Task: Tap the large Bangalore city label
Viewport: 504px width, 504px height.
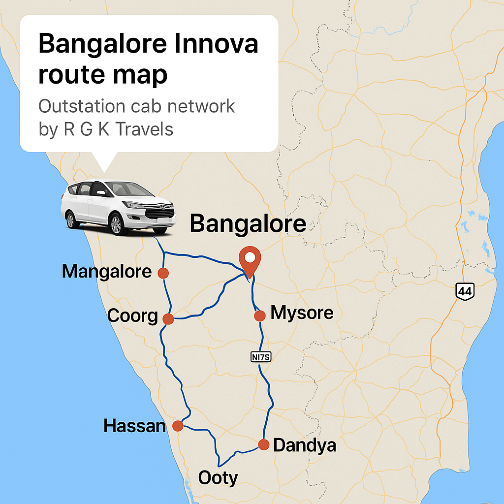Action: point(248,224)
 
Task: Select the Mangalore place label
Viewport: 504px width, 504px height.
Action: point(106,271)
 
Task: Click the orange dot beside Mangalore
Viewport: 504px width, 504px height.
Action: point(163,273)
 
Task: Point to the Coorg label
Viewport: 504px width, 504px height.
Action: point(132,316)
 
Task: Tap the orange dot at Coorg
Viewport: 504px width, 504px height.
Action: point(168,319)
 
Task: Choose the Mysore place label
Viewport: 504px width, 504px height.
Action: point(302,313)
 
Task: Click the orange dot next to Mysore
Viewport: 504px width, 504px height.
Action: point(260,315)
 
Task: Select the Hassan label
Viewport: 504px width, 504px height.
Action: point(134,426)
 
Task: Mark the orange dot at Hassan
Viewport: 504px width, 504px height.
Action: point(178,426)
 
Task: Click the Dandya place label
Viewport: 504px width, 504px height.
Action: point(304,445)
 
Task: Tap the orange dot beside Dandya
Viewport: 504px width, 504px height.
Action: point(264,445)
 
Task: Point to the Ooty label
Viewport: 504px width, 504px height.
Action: point(218,478)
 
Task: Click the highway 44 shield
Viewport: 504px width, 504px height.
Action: point(464,291)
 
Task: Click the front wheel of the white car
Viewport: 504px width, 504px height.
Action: point(116,223)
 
